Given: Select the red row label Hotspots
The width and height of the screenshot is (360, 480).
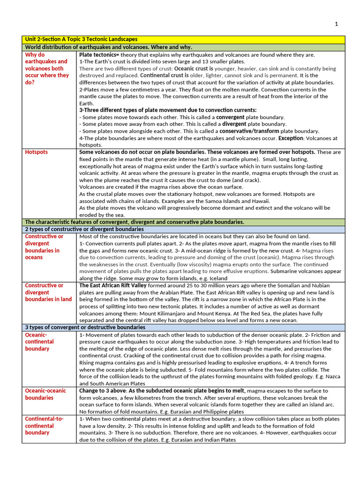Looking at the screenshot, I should [36, 152].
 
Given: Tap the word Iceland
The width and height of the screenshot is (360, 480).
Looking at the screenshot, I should [217, 278].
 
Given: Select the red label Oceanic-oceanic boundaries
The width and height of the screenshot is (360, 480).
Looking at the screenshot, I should [45, 394].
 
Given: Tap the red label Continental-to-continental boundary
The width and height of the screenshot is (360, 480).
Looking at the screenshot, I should [44, 426].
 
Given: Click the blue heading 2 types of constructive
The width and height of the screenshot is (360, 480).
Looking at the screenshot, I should [84, 229].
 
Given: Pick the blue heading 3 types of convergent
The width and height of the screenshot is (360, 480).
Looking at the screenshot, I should [85, 327].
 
